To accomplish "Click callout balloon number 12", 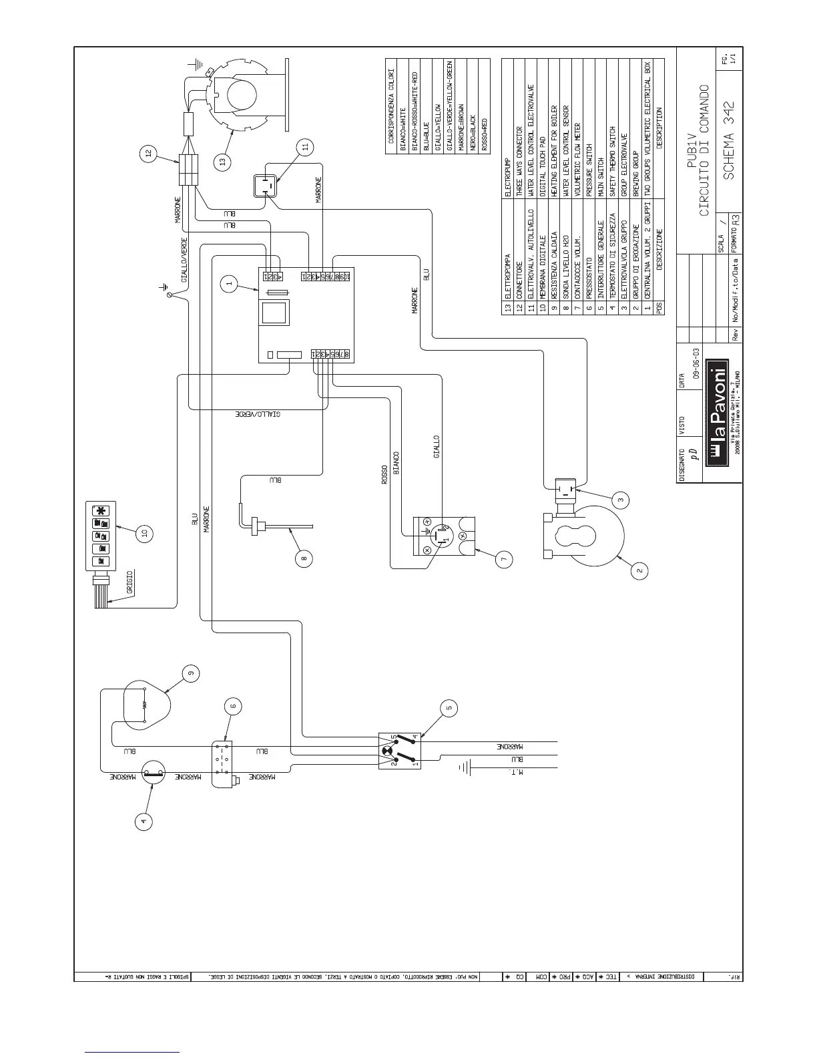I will click(x=148, y=155).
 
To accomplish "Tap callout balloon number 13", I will click(x=222, y=160).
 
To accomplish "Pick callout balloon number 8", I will click(x=304, y=560).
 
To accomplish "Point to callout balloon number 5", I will click(x=451, y=708).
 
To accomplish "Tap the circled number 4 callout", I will click(x=142, y=821).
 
